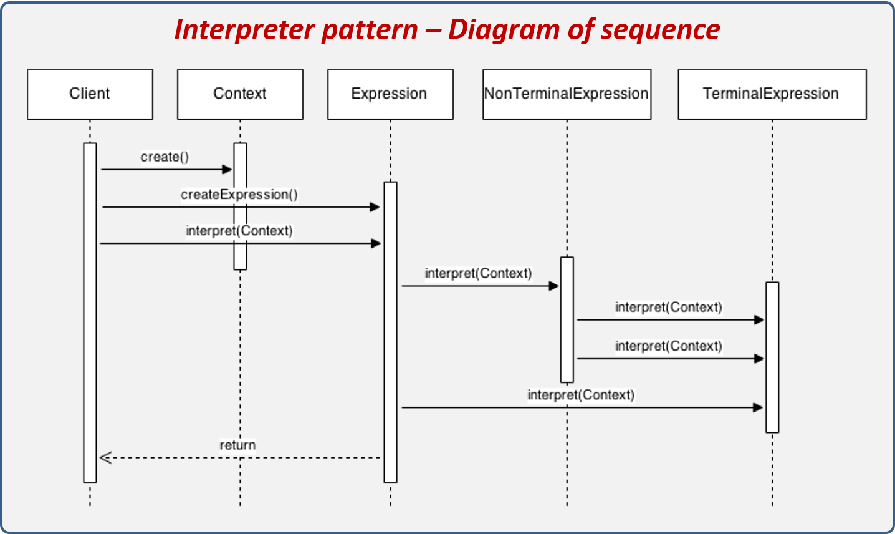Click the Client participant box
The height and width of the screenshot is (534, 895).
90,94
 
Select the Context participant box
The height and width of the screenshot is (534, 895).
240,94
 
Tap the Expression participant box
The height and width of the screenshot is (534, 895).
390,94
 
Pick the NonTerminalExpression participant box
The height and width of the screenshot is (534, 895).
567,94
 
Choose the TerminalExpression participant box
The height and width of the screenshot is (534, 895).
772,94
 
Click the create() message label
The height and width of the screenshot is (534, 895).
165,157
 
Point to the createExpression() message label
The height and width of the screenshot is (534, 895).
239,195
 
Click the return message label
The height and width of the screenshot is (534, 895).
237,445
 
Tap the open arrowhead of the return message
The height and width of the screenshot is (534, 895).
105,458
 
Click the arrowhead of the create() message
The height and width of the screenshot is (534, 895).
227,169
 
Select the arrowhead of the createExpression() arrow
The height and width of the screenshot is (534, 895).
375,207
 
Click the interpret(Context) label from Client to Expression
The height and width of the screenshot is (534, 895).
239,231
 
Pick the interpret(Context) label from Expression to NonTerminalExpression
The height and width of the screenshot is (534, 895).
478,273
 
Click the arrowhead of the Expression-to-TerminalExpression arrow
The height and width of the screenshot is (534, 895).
758,408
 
